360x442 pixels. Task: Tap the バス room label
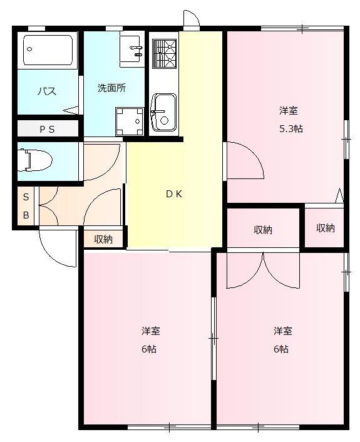[47, 91]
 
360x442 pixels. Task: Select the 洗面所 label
[111, 88]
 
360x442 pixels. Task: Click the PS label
[47, 130]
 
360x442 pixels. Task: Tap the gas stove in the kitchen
[164, 53]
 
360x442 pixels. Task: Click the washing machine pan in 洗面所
[129, 121]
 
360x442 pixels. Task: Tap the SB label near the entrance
[26, 206]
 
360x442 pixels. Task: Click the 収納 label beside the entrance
[103, 239]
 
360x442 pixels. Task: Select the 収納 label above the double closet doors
[263, 230]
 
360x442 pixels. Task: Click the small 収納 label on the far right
[325, 228]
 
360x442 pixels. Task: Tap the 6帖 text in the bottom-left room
[148, 349]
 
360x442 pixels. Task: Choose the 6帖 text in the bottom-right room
[281, 349]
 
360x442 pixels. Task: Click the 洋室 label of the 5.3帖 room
[288, 111]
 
